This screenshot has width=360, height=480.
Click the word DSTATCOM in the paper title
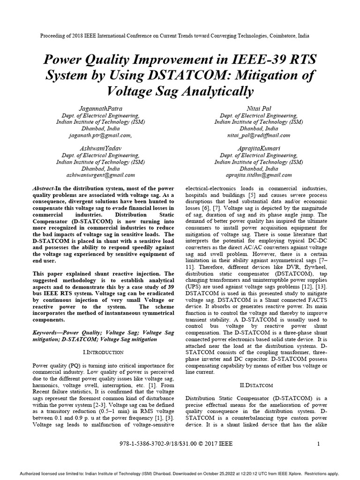point(187,75)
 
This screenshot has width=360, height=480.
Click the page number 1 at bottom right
point(318,444)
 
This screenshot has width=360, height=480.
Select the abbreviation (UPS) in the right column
point(194,286)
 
